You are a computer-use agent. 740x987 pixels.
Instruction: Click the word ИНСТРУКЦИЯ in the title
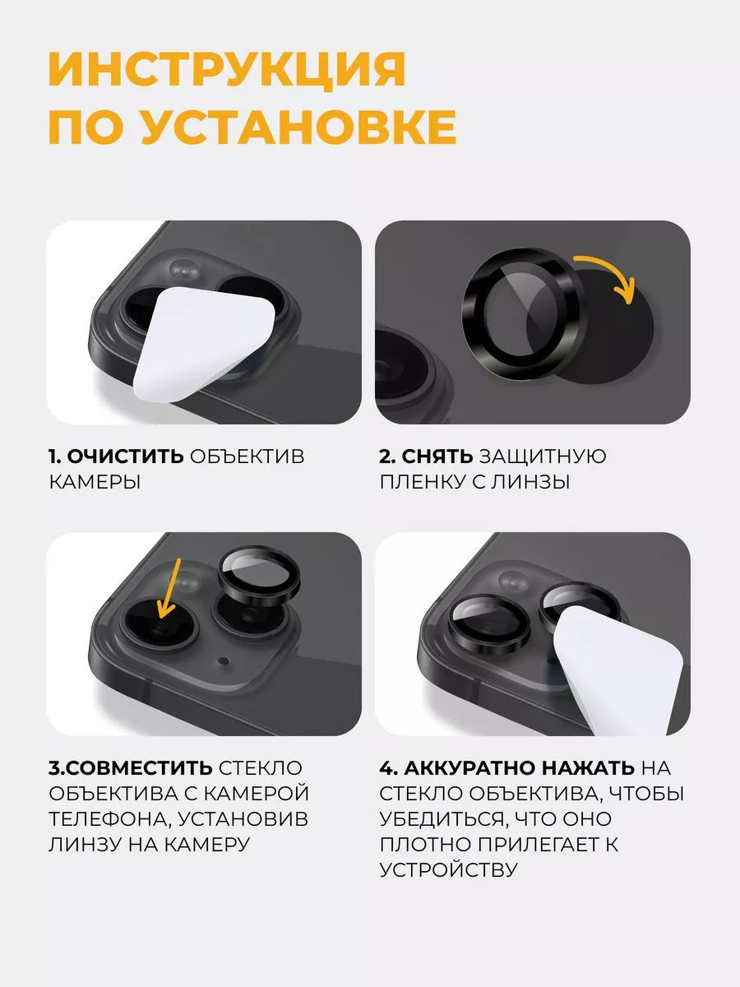tap(228, 70)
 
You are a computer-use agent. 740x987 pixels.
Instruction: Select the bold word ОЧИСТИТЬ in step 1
tap(125, 456)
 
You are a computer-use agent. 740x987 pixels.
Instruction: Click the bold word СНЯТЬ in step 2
tap(437, 456)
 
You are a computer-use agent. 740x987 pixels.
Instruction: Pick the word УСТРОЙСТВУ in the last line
tap(449, 869)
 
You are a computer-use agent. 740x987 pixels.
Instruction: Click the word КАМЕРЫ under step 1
tap(95, 482)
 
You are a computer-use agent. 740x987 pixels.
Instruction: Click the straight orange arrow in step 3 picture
tap(169, 588)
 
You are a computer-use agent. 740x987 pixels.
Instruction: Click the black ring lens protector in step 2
tap(522, 314)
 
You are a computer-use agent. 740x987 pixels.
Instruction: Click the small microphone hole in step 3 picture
tap(224, 661)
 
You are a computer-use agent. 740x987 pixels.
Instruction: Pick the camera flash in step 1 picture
tap(185, 270)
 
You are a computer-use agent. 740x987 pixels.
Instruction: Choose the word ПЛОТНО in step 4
tap(425, 844)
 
